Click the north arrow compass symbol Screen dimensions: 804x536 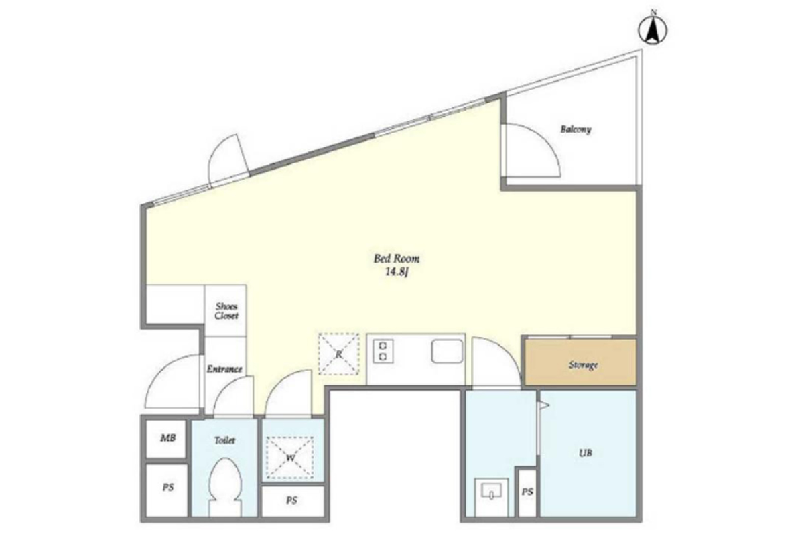pyautogui.click(x=653, y=29)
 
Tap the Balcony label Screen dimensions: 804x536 pyautogui.click(x=576, y=129)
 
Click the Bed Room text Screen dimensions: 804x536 pyautogui.click(x=397, y=259)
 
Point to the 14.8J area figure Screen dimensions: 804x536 pyautogui.click(x=397, y=273)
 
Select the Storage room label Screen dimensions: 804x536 pyautogui.click(x=584, y=365)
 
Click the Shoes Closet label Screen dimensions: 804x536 pyautogui.click(x=226, y=311)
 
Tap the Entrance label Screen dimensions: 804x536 pyautogui.click(x=224, y=368)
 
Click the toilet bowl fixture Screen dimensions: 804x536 pyautogui.click(x=225, y=486)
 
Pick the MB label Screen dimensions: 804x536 pyautogui.click(x=168, y=438)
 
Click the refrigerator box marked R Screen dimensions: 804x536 pyautogui.click(x=339, y=354)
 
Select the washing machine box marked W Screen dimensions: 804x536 pyautogui.click(x=290, y=458)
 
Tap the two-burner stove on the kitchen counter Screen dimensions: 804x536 pyautogui.click(x=383, y=351)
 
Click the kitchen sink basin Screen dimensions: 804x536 pyautogui.click(x=447, y=351)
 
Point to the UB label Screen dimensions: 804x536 pyautogui.click(x=585, y=453)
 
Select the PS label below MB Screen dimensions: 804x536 pyautogui.click(x=168, y=488)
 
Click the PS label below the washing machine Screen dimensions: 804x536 pyautogui.click(x=292, y=500)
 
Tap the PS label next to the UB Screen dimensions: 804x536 pyautogui.click(x=527, y=492)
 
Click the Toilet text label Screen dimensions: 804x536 pyautogui.click(x=224, y=440)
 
